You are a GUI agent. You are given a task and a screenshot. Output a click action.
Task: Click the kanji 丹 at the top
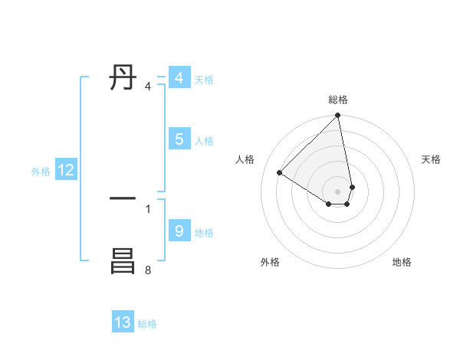(x=123, y=78)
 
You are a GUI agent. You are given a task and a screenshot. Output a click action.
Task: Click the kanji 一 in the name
(x=123, y=198)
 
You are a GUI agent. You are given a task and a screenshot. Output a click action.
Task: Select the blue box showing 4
(x=179, y=78)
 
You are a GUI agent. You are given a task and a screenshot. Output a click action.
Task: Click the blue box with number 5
(x=179, y=139)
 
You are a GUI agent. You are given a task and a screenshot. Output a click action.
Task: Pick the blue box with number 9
(x=179, y=231)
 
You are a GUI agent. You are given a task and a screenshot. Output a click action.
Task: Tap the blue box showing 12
(x=66, y=170)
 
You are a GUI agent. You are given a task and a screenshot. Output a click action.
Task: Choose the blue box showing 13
(x=123, y=322)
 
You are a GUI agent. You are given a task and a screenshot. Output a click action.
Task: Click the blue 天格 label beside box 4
(x=204, y=80)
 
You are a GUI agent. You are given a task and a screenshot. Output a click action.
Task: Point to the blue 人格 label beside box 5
(x=204, y=141)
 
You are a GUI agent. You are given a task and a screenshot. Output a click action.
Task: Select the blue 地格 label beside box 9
(x=204, y=233)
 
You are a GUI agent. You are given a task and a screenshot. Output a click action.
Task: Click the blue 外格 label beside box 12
(x=41, y=172)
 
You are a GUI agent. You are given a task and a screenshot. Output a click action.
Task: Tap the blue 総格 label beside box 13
(x=147, y=324)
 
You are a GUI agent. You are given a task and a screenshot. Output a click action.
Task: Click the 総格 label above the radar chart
(x=338, y=100)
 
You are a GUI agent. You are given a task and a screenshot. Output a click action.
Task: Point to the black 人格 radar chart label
(x=245, y=159)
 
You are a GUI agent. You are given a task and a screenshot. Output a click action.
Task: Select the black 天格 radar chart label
(x=431, y=159)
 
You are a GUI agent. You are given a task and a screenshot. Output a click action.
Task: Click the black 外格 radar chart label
(x=270, y=262)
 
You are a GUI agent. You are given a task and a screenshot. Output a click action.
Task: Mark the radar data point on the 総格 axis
(x=338, y=116)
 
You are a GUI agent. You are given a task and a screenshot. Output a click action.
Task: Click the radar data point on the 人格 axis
(x=279, y=173)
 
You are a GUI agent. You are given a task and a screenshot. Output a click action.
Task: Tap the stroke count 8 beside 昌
(x=148, y=270)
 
